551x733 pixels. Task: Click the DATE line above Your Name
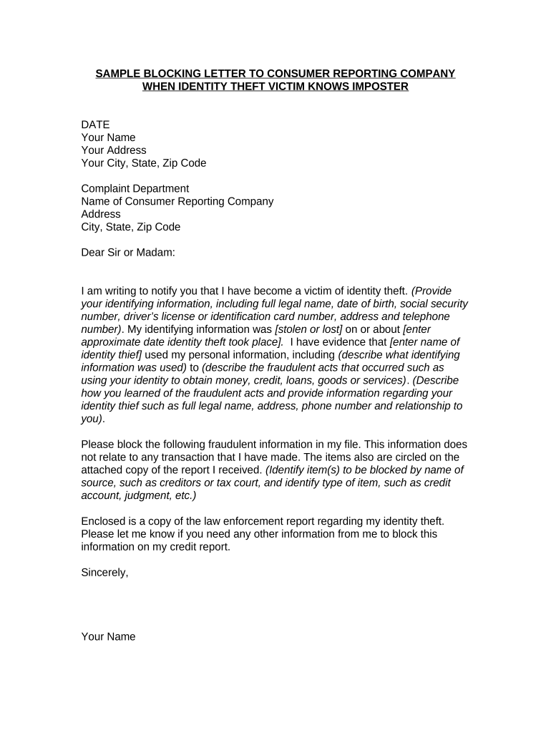click(x=95, y=125)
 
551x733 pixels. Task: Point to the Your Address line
click(x=114, y=150)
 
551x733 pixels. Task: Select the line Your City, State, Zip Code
click(x=143, y=163)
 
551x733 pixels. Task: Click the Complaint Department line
click(x=135, y=189)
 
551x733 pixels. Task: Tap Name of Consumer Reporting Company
click(x=177, y=202)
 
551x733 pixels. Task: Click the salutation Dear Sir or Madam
click(x=128, y=253)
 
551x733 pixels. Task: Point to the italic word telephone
click(x=425, y=316)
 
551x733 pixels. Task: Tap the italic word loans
click(x=297, y=380)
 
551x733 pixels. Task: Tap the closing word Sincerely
click(x=104, y=572)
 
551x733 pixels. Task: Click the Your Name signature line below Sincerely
click(x=108, y=636)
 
